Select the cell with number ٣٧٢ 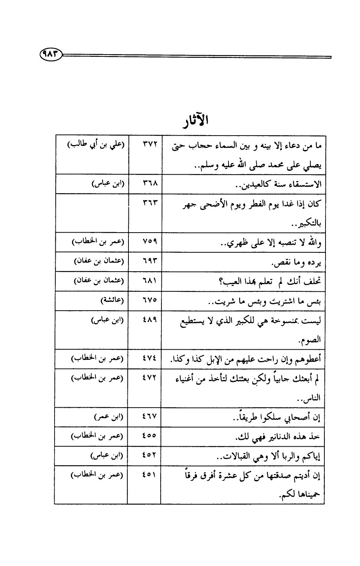pyautogui.click(x=144, y=145)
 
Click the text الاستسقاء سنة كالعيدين pyautogui.click(x=283, y=184)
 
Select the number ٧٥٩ pyautogui.click(x=144, y=242)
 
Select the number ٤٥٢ pyautogui.click(x=144, y=456)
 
